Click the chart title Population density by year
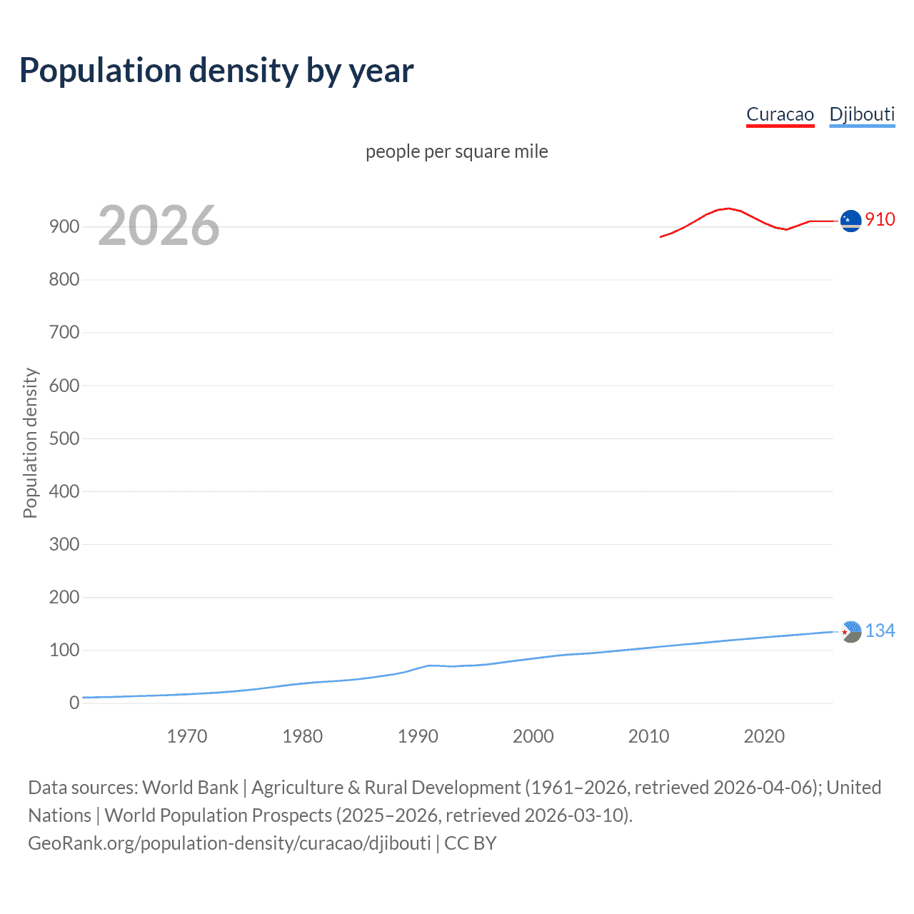coord(216,71)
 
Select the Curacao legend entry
coord(780,114)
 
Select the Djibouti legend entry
coord(862,114)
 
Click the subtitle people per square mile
coord(456,151)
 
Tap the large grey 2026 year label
coord(159,226)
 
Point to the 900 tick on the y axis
coord(64,226)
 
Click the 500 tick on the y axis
coord(64,438)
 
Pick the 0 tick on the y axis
coord(74,703)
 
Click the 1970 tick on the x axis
coord(187,736)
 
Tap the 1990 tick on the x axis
coord(418,736)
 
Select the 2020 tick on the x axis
coord(764,736)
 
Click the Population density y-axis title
coord(30,443)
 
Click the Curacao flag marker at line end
coord(850,221)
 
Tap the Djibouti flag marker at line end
coord(850,631)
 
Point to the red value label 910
coord(880,219)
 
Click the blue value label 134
coord(880,631)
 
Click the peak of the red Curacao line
coord(727,209)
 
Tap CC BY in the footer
coord(470,843)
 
